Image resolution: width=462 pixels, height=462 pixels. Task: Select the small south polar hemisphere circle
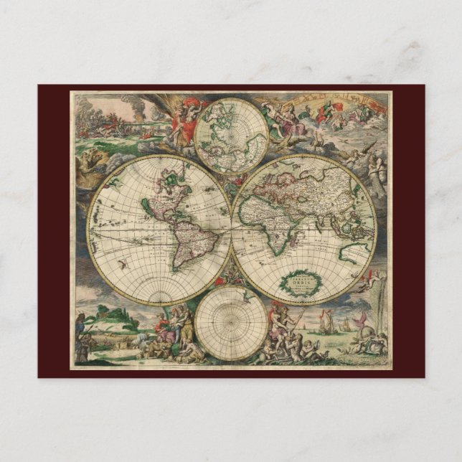[x=231, y=323]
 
